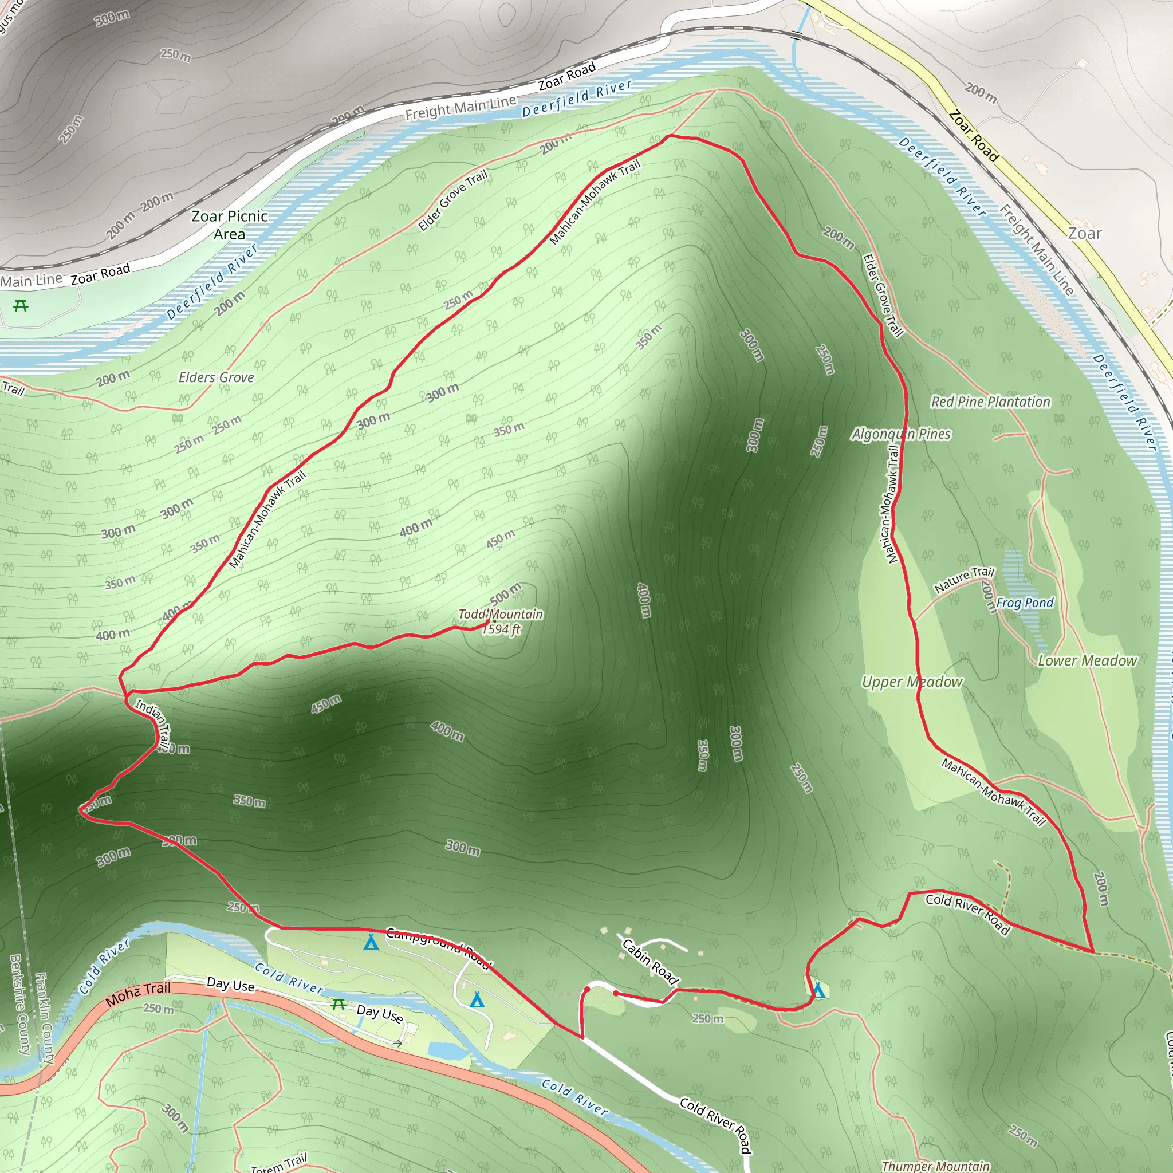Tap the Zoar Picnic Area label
[x=230, y=225]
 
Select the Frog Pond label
[x=1025, y=603]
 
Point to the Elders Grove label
[x=216, y=377]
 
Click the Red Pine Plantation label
[x=990, y=402]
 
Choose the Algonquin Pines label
[x=901, y=434]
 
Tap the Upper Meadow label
[x=912, y=682]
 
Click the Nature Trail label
[x=963, y=579]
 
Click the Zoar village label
[x=1084, y=234]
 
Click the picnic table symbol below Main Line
[x=21, y=305]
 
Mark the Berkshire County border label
[x=20, y=1004]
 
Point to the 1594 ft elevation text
[x=502, y=629]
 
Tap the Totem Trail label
[x=280, y=1163]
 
